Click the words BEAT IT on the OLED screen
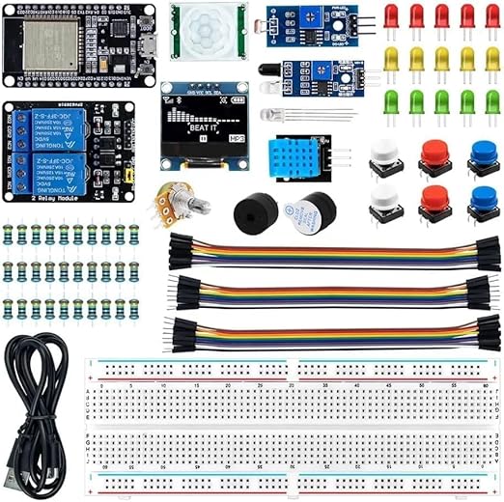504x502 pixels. pyautogui.click(x=203, y=125)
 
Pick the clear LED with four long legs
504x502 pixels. pyautogui.click(x=287, y=114)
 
